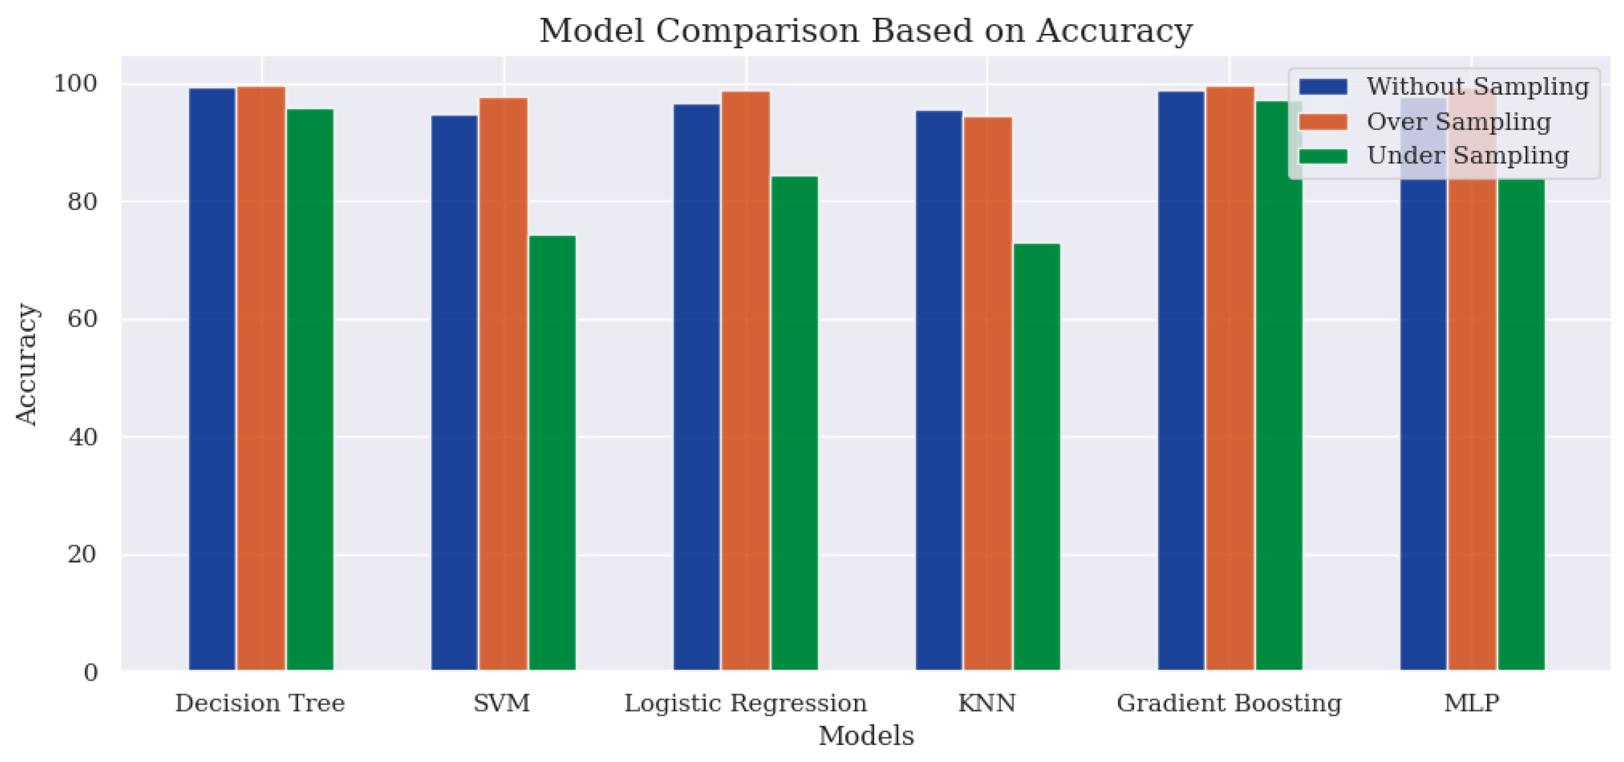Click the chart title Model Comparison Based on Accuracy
point(866,31)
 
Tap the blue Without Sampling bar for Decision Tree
point(212,378)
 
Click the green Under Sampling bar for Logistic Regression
point(794,422)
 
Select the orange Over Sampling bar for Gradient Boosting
point(1229,378)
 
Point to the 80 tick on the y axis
point(82,202)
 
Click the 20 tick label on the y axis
point(82,555)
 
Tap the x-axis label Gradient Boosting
point(1229,703)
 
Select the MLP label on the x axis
point(1472,703)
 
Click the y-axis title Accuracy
point(26,365)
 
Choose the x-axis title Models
point(866,736)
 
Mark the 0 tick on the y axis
point(91,672)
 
